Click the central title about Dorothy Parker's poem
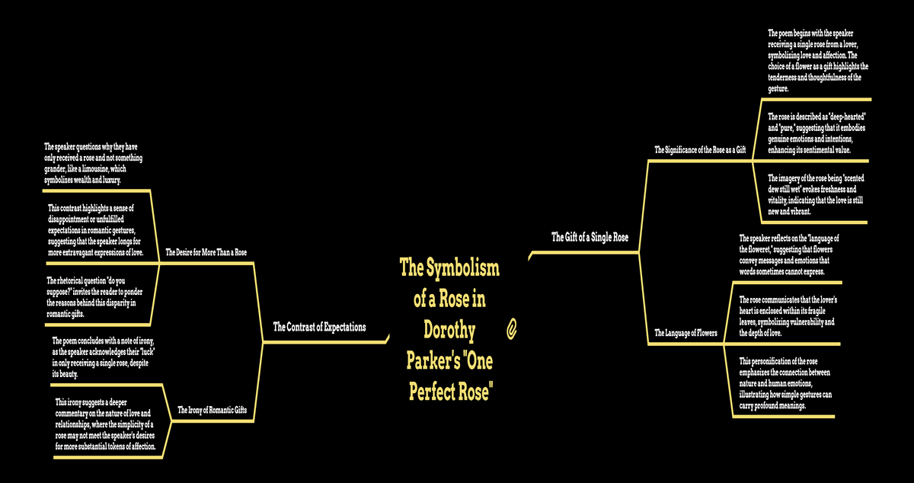[x=449, y=329]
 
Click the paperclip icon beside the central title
[x=511, y=329]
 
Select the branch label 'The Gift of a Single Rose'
[x=590, y=237]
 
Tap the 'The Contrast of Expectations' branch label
[x=319, y=327]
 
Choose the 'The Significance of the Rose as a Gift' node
[x=700, y=150]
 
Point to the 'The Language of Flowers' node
[x=685, y=333]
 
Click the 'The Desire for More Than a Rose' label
[x=206, y=252]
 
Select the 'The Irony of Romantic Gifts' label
[x=213, y=410]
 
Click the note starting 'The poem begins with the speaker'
[x=818, y=61]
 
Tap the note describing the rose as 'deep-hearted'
[x=817, y=133]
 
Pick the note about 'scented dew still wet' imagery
[x=816, y=195]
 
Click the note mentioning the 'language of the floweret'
[x=789, y=254]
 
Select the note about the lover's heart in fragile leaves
[x=788, y=316]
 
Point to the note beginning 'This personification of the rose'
[x=785, y=383]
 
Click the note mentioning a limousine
[x=93, y=163]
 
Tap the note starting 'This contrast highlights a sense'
[x=95, y=230]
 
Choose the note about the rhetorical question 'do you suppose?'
[x=94, y=297]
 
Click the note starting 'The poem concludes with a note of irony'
[x=104, y=357]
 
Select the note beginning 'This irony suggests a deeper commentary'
[x=105, y=424]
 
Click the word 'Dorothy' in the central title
[x=449, y=330]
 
